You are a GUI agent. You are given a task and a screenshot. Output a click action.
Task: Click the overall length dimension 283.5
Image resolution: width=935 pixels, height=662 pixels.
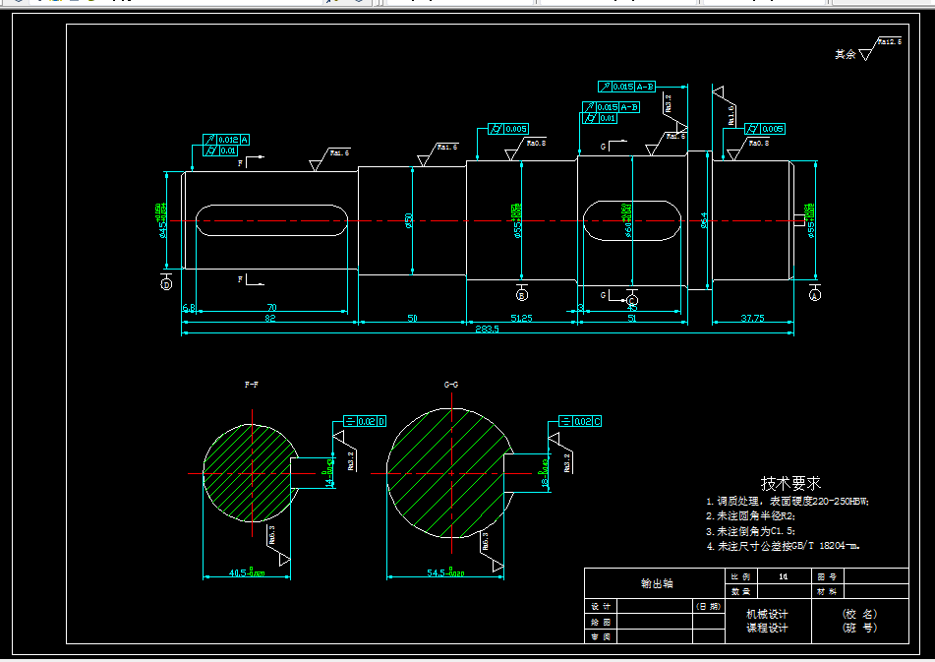(487, 329)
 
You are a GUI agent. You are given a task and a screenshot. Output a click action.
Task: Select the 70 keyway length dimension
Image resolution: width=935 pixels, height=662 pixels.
(270, 308)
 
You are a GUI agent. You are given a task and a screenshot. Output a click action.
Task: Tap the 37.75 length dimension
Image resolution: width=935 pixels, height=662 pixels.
(752, 318)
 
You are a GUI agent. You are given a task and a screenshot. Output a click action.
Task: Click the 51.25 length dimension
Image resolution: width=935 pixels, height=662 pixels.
(521, 318)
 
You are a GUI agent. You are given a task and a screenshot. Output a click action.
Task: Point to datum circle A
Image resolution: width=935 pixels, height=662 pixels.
(815, 294)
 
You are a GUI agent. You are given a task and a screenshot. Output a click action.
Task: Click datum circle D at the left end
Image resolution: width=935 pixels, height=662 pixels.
(166, 284)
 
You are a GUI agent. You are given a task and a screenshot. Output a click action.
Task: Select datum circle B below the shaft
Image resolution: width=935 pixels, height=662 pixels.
(522, 294)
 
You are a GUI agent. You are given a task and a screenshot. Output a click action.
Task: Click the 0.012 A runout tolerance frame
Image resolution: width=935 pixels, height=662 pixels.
(226, 140)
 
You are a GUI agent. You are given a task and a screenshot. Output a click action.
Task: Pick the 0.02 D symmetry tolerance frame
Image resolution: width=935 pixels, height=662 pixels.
(365, 421)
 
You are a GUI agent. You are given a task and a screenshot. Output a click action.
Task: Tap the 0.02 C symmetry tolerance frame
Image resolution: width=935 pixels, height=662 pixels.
(579, 421)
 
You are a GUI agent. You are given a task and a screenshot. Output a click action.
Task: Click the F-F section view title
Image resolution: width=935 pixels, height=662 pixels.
(252, 384)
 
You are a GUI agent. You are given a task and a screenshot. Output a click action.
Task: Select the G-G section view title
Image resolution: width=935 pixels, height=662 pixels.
(451, 384)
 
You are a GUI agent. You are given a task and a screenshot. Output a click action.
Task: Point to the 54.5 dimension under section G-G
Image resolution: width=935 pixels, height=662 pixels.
(445, 572)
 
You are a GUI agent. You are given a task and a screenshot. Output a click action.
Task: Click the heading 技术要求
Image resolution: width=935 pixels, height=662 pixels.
(790, 484)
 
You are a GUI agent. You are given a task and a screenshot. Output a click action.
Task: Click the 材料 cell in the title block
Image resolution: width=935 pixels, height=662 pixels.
(828, 591)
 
